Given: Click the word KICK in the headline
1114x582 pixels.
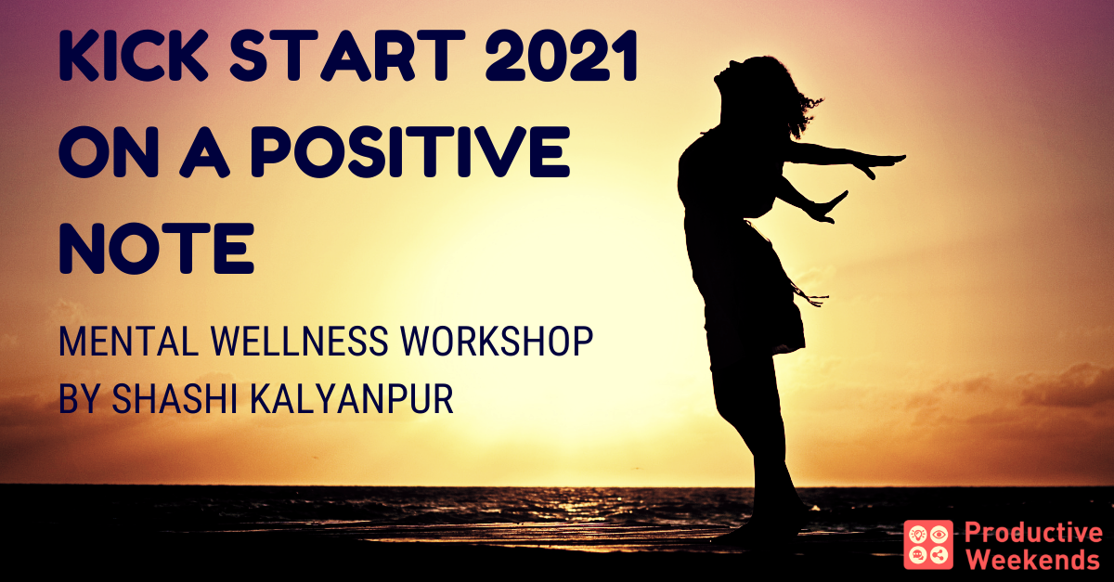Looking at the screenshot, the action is click(134, 55).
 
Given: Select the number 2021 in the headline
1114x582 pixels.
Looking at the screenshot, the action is click(562, 55).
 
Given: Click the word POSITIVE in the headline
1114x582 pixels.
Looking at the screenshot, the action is click(409, 151).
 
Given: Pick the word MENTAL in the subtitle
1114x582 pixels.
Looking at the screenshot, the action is click(128, 342).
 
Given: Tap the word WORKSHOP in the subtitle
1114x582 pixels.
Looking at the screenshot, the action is click(497, 342).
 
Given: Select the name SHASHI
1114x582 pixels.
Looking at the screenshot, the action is click(175, 398).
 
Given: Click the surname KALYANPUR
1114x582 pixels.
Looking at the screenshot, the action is click(351, 398).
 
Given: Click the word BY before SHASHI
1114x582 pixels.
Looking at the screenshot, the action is click(79, 398).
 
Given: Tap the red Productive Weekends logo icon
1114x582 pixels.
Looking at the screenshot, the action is click(928, 545).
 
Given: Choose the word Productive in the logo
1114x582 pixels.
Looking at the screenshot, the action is click(1033, 533).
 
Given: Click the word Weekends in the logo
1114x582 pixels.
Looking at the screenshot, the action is click(1032, 559).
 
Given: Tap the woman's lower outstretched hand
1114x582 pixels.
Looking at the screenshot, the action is click(828, 209).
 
